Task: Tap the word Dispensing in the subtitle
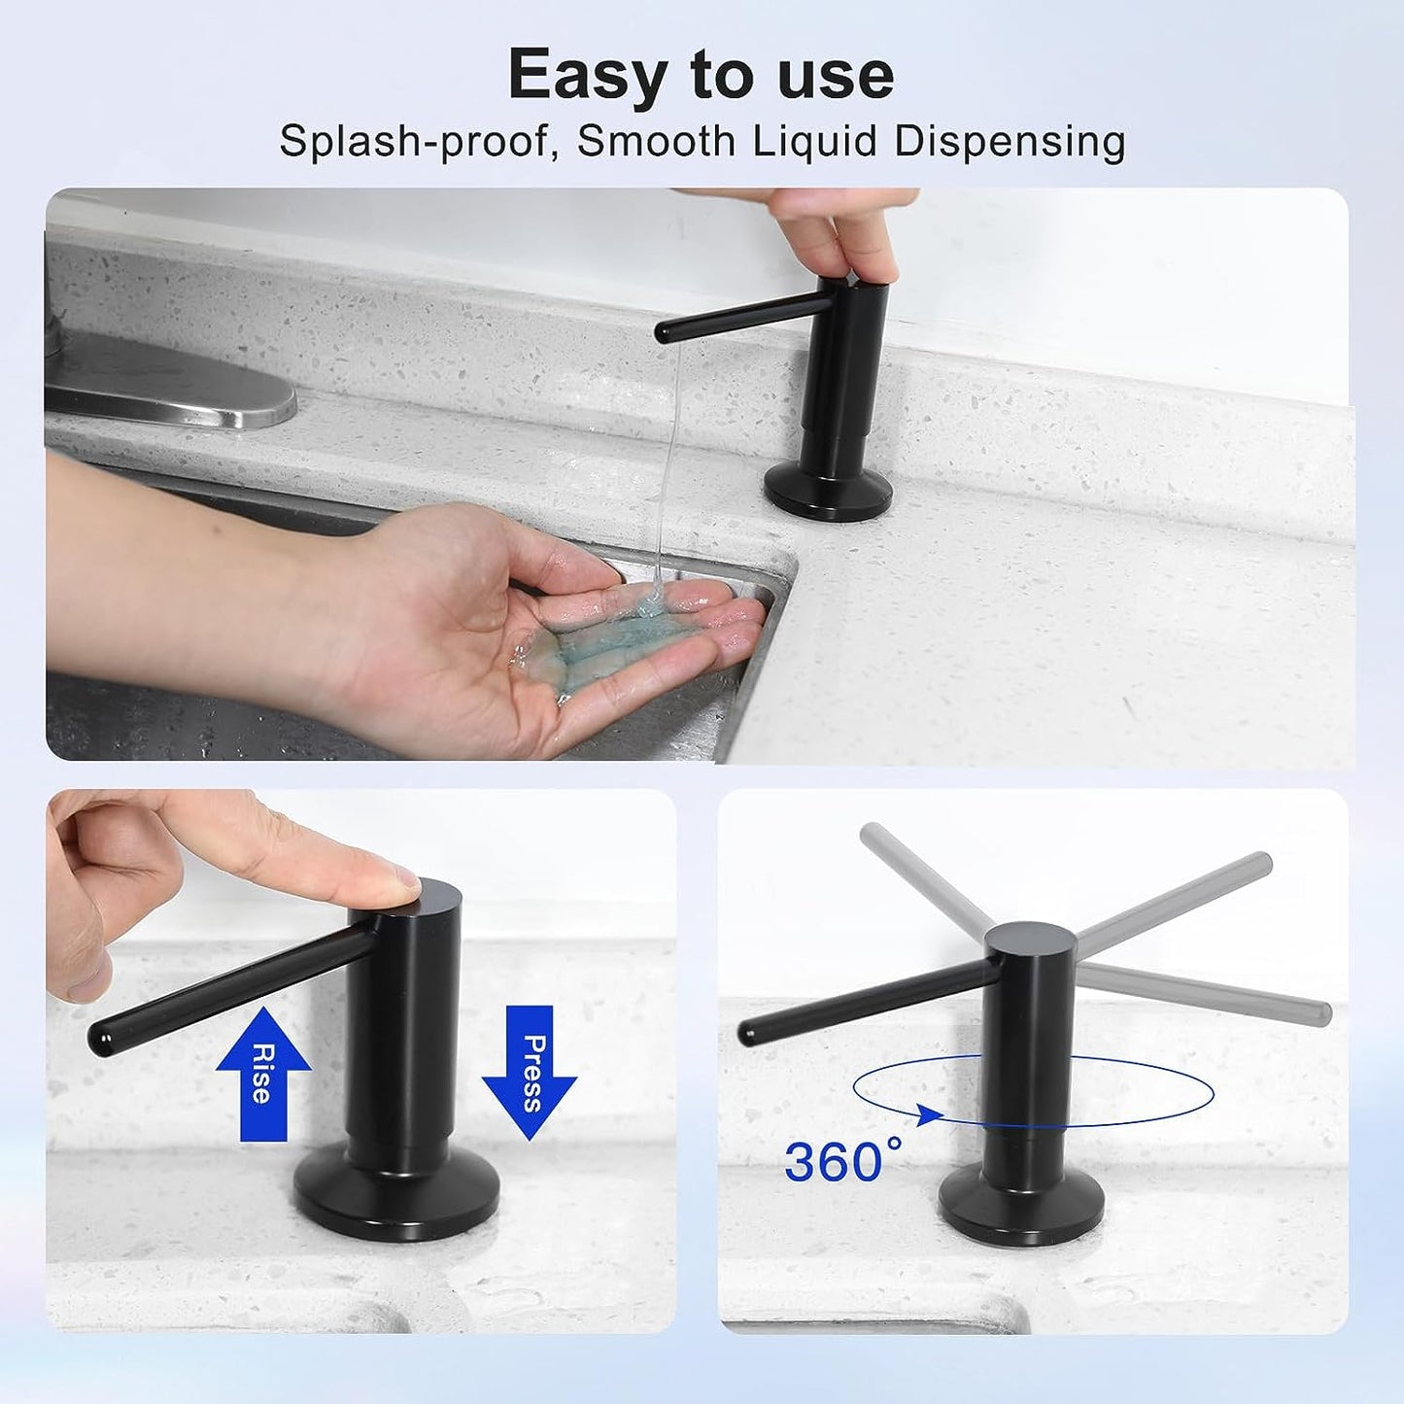[1010, 141]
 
